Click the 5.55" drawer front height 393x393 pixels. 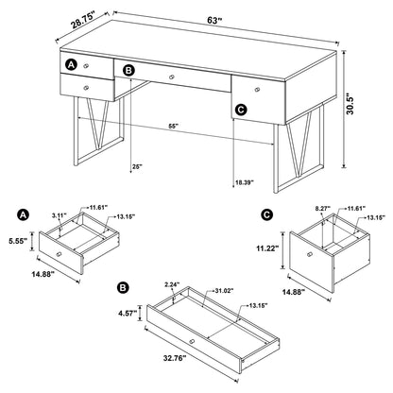pos(15,241)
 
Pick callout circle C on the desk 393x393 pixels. pos(241,111)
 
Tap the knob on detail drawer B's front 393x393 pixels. pos(191,340)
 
